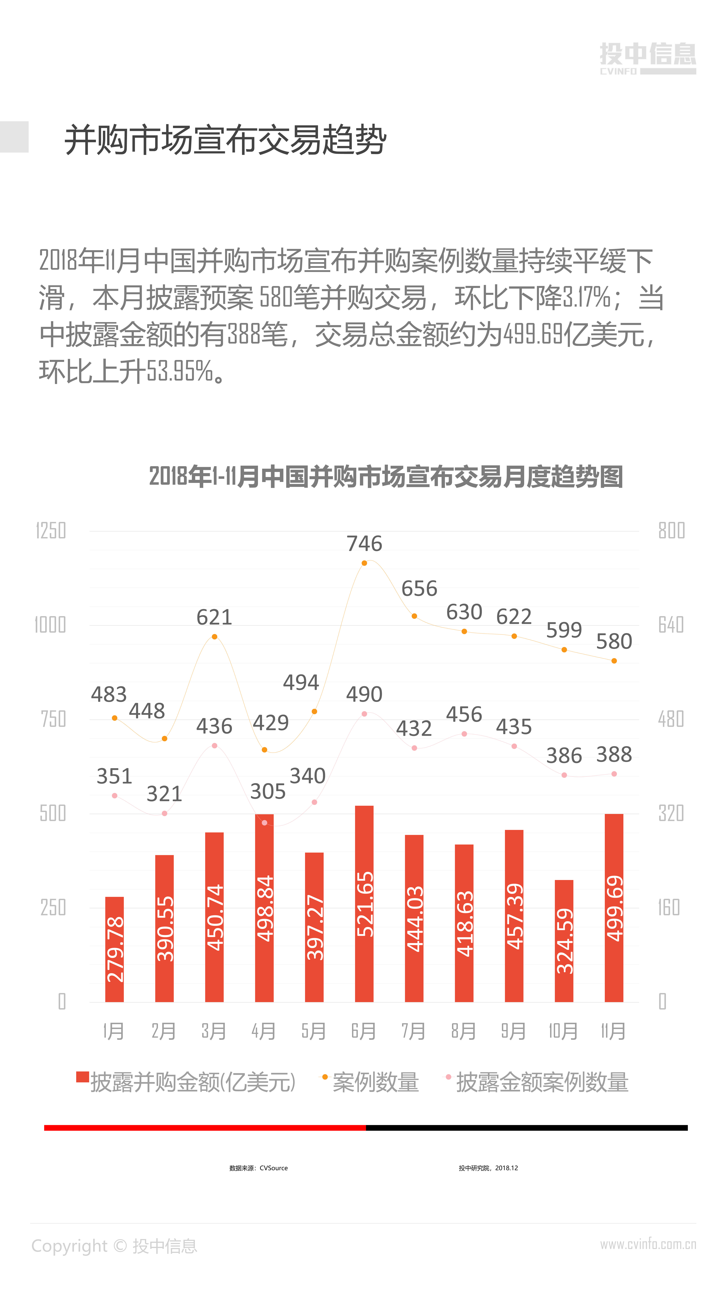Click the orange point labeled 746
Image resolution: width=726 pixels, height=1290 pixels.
(x=364, y=563)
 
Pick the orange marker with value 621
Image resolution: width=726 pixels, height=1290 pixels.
(x=214, y=636)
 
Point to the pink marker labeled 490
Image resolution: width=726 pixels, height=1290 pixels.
(x=364, y=714)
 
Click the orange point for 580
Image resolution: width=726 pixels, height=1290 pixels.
(x=614, y=660)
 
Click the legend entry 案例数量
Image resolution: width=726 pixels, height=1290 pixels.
(x=375, y=1082)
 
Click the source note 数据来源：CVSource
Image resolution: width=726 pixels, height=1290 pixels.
(x=258, y=1168)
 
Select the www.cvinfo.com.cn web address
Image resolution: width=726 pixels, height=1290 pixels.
(x=648, y=1244)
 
